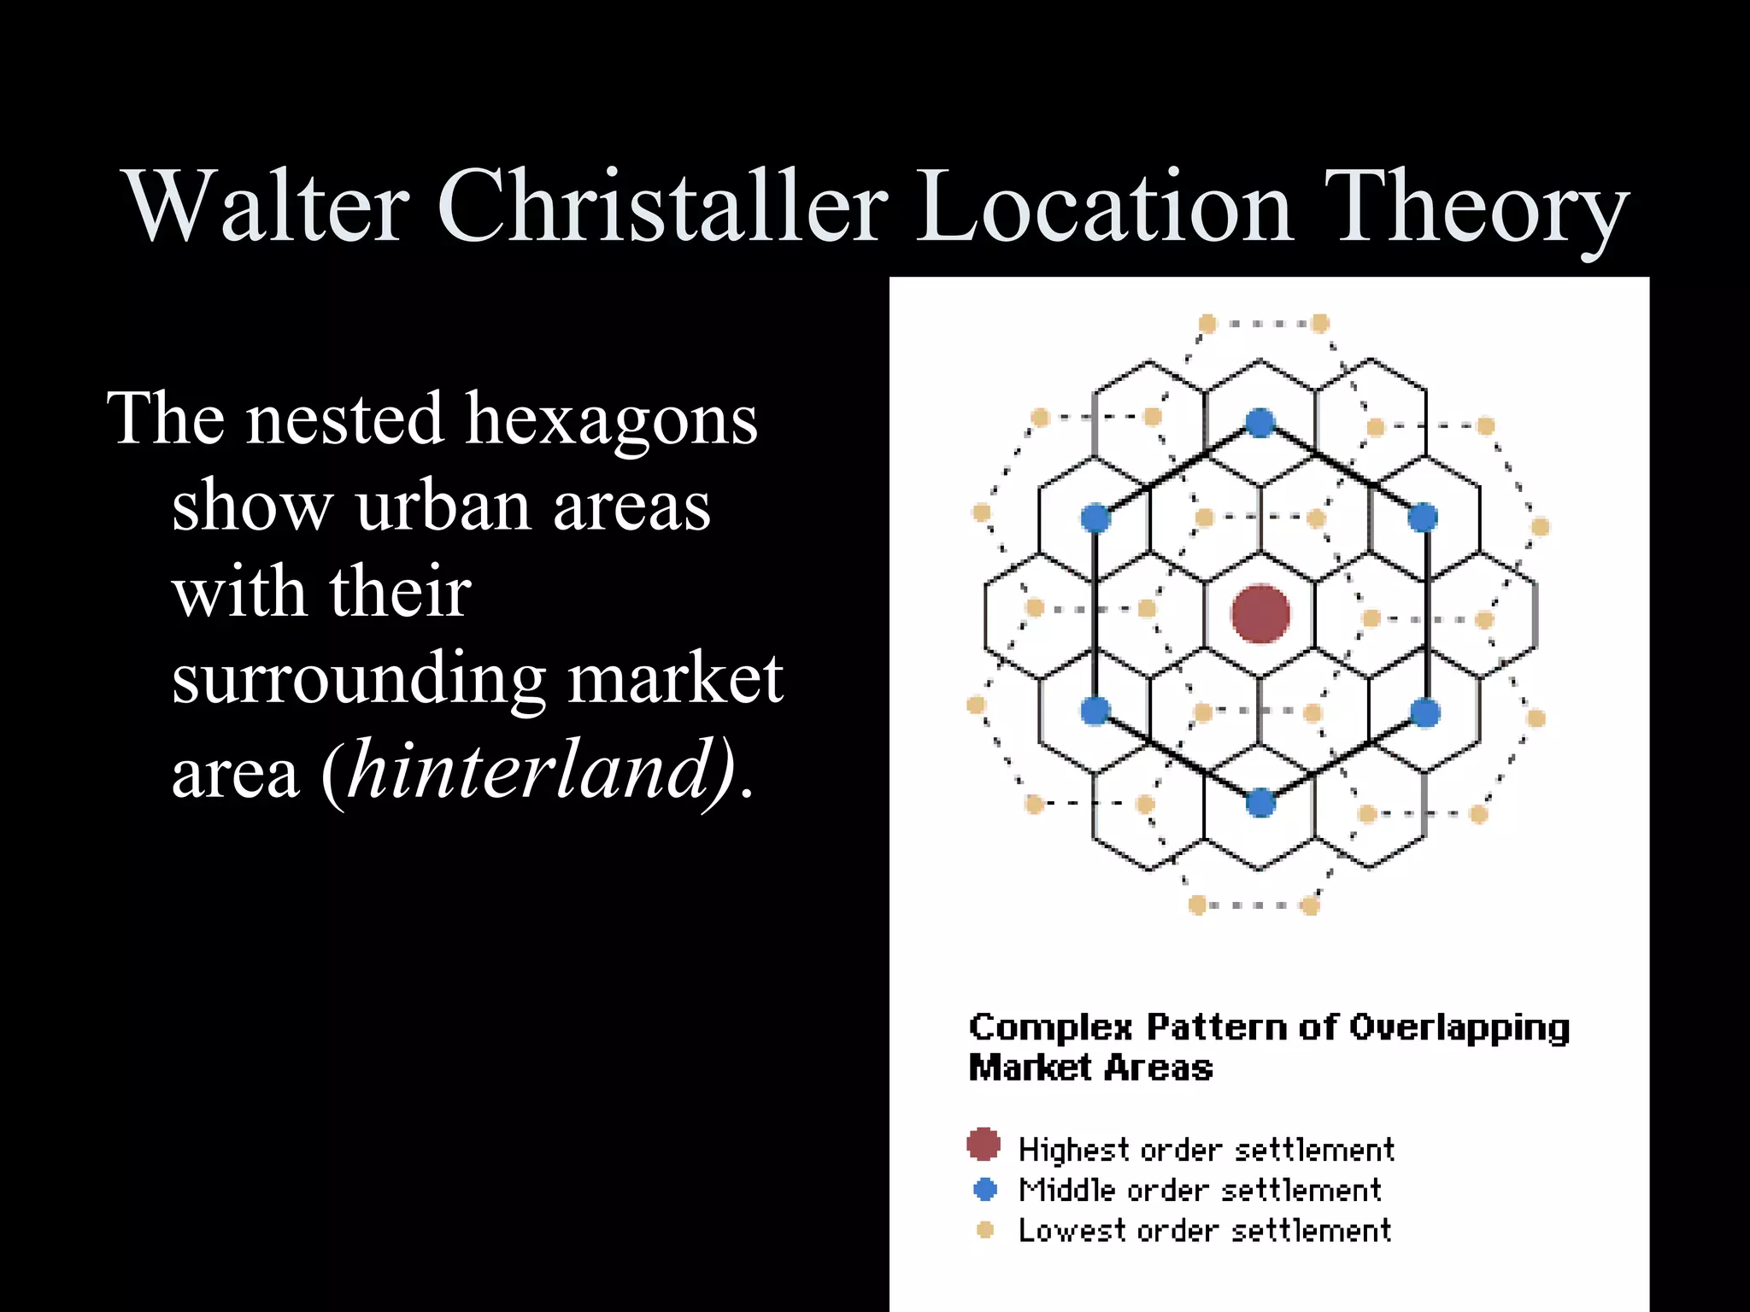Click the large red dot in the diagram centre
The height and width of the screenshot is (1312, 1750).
[1260, 613]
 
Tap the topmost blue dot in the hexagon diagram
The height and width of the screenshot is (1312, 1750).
[1260, 422]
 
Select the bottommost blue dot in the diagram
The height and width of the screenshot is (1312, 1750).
[1260, 803]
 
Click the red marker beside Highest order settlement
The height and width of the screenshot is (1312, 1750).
[984, 1145]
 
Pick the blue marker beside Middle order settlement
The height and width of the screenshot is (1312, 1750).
[985, 1188]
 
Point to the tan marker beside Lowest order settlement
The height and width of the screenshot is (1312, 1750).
[985, 1229]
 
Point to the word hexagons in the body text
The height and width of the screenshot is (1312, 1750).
[610, 420]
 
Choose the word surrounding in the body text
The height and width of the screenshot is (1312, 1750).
[359, 679]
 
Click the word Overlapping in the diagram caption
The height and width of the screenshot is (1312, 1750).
[1459, 1028]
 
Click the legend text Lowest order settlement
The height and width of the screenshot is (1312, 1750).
[1205, 1230]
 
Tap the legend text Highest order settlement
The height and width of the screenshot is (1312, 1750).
[1207, 1150]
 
